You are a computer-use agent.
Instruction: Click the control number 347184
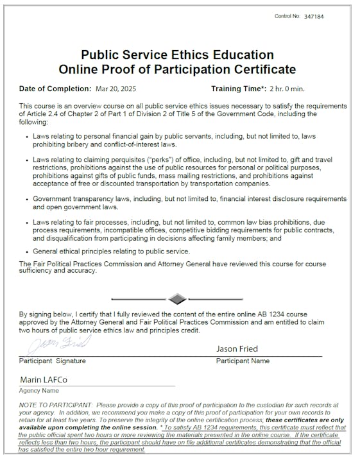pos(314,15)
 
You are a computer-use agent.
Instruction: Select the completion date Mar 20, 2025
pos(116,89)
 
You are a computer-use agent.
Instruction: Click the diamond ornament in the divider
pos(178,298)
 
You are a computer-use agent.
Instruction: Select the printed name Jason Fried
pos(237,349)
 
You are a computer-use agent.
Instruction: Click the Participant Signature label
pos(53,361)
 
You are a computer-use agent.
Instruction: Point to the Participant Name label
pos(243,361)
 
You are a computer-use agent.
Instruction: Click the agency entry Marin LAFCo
pos(43,379)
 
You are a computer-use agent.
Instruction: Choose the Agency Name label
pos(39,391)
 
